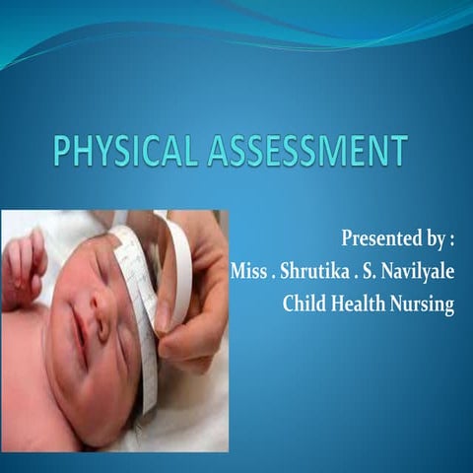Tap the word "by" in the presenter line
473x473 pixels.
(431, 239)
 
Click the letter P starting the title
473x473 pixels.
(62, 154)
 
